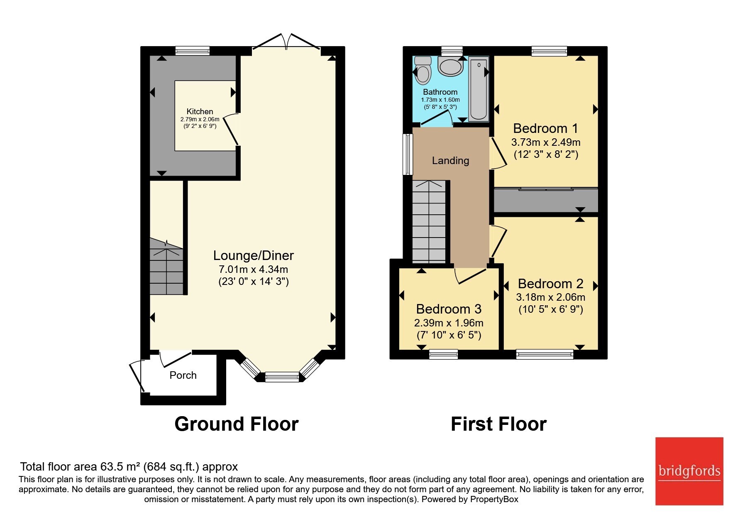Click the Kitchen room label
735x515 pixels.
(x=200, y=111)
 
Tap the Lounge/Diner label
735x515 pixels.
(x=254, y=255)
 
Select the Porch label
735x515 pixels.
(x=183, y=375)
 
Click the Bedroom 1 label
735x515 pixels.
(x=545, y=128)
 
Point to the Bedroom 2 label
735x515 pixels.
(x=551, y=284)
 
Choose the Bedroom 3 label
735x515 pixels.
(x=449, y=309)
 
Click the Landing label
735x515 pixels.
(x=450, y=160)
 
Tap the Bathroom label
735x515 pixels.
(x=440, y=92)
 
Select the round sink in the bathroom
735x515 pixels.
(x=451, y=66)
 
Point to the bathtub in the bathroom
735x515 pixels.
(x=479, y=89)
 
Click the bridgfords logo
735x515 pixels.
(x=689, y=471)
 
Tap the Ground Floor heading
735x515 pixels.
(x=237, y=424)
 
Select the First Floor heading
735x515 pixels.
(x=498, y=424)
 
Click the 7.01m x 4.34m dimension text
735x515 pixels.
(x=254, y=269)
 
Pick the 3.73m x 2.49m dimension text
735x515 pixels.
(x=546, y=142)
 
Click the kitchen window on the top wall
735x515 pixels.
(x=192, y=51)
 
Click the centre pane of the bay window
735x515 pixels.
(x=282, y=377)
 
